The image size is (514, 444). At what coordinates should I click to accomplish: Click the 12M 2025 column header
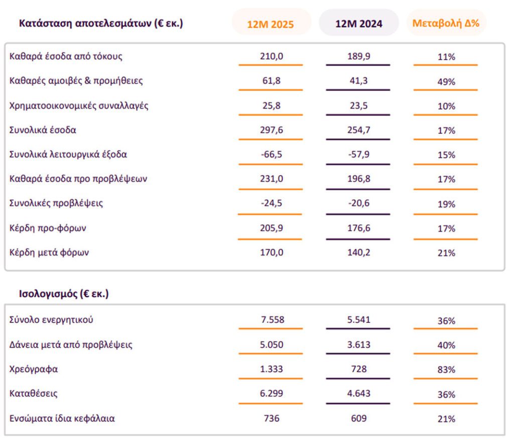click(271, 24)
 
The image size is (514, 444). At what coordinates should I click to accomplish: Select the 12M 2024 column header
click(358, 24)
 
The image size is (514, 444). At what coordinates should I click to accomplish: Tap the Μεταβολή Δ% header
click(446, 23)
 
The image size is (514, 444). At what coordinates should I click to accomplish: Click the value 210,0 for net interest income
click(272, 57)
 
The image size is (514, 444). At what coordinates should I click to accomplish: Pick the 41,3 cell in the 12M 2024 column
click(358, 81)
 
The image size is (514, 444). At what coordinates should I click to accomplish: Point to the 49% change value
click(446, 82)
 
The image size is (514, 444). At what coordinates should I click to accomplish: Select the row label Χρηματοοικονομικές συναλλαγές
click(79, 105)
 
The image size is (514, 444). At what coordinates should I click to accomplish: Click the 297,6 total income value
click(272, 130)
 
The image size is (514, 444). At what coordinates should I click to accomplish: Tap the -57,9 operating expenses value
click(358, 154)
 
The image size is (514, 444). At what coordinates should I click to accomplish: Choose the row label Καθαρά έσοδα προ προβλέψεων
click(78, 179)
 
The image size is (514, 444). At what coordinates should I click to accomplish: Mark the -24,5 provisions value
click(272, 203)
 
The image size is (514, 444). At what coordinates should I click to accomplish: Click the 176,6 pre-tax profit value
click(358, 228)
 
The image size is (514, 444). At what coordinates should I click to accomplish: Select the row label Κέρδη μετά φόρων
click(49, 253)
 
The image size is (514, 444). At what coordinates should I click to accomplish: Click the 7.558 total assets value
click(272, 320)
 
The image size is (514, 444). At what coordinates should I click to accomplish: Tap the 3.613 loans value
click(358, 345)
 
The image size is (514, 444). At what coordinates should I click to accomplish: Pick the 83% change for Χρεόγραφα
click(446, 370)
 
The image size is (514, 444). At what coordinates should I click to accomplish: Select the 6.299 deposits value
click(272, 394)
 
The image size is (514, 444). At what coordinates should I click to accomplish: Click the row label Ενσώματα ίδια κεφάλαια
click(62, 418)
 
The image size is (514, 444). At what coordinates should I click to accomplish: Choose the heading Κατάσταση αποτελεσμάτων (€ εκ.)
click(101, 23)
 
